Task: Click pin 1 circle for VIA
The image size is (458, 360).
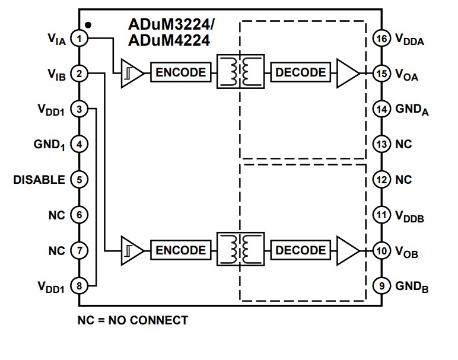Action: [x=78, y=39]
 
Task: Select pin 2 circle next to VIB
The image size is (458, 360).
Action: [x=78, y=74]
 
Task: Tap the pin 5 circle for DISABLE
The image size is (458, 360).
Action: [x=78, y=180]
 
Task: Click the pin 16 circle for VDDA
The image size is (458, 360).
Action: [x=381, y=39]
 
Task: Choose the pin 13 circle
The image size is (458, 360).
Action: [x=381, y=144]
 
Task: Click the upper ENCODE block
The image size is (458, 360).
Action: [x=181, y=73]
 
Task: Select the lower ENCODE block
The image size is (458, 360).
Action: [x=181, y=250]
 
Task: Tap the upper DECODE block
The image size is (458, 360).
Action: [x=301, y=73]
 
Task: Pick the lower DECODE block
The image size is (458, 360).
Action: [x=301, y=250]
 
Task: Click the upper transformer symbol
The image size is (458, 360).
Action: [x=240, y=73]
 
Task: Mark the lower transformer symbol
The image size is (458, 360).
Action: [x=240, y=250]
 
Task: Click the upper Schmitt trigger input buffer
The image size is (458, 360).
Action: [x=131, y=74]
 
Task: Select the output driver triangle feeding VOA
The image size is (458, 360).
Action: [x=347, y=74]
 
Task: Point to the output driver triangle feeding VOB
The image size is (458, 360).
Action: [x=347, y=250]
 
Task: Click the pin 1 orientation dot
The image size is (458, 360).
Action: [x=88, y=25]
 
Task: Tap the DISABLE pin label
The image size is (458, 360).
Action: [x=39, y=180]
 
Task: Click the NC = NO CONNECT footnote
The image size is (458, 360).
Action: [x=133, y=321]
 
